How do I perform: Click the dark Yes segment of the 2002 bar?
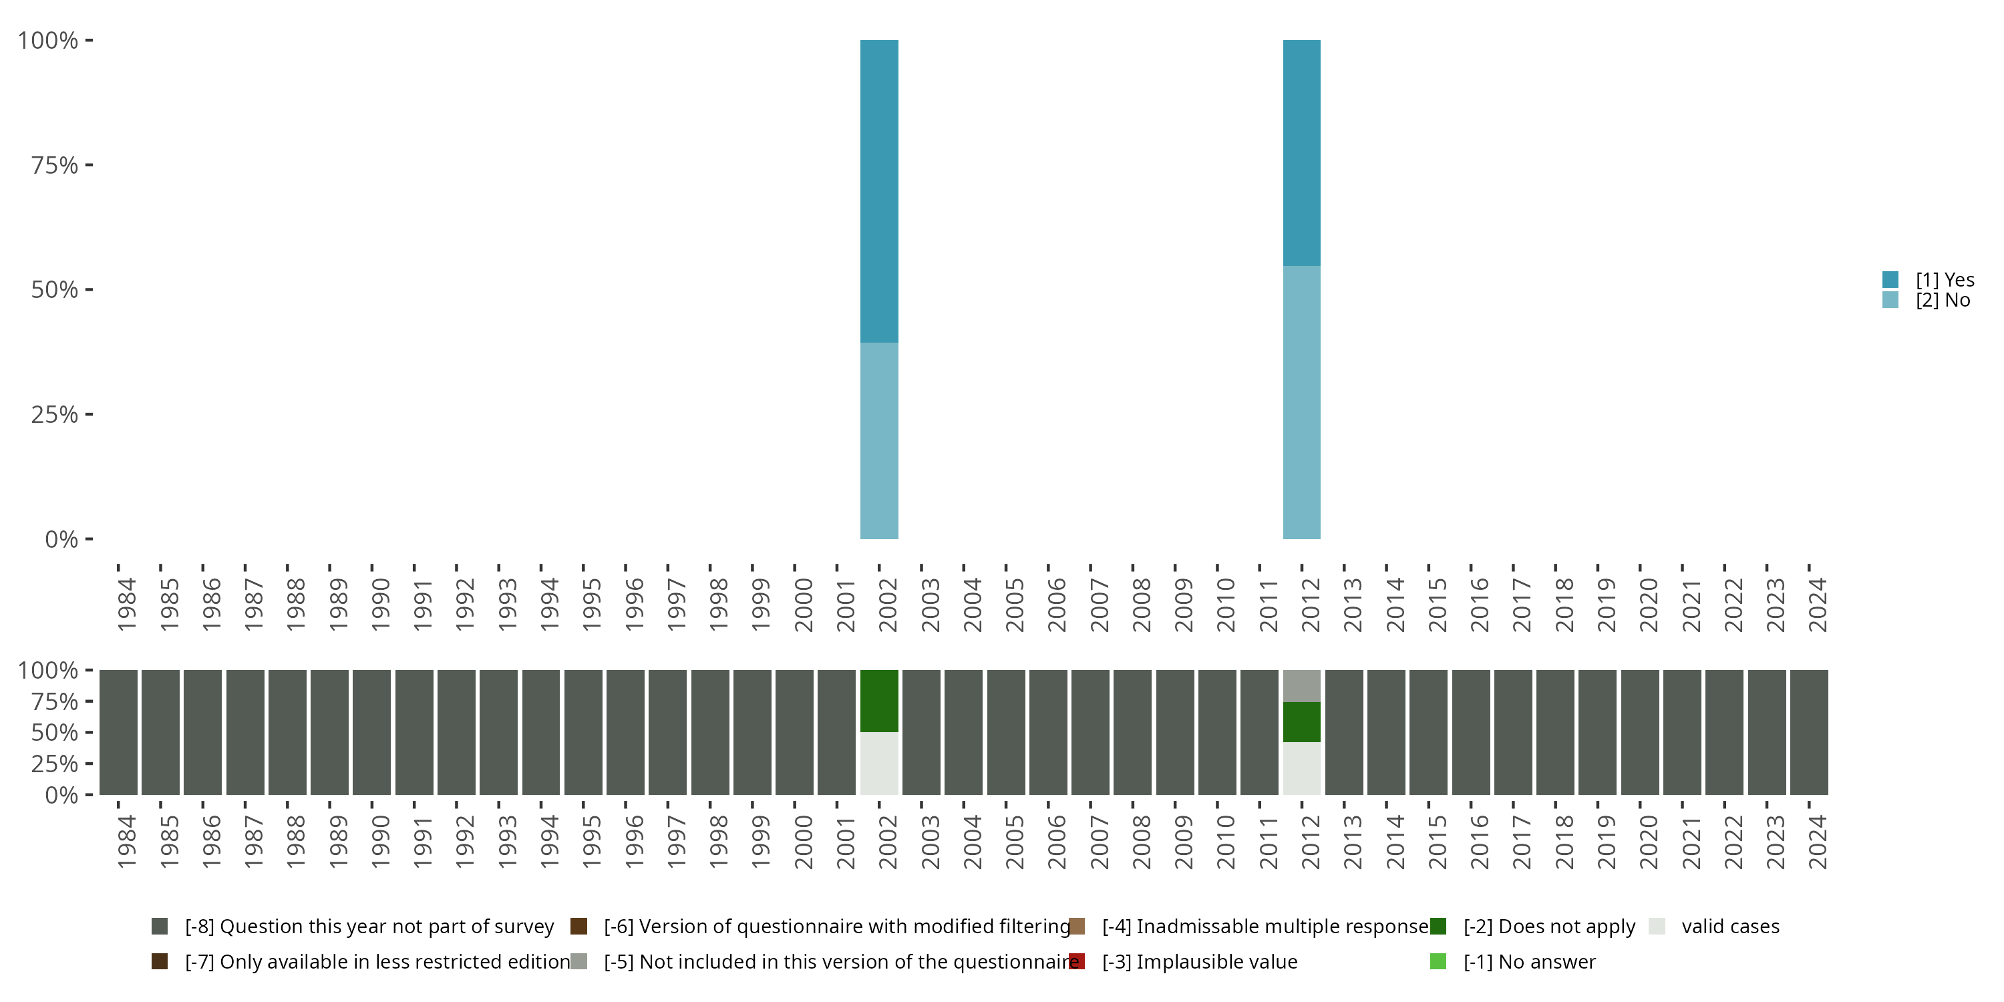pos(879,190)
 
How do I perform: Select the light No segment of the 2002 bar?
pos(879,440)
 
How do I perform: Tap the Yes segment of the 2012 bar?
pos(1301,152)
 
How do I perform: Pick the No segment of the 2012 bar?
pos(1301,402)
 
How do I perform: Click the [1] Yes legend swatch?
pos(1890,279)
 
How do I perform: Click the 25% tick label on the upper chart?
pos(55,415)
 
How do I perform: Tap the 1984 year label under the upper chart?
pos(127,604)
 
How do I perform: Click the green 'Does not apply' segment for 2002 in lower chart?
pos(879,700)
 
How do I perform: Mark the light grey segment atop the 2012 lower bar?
pos(1301,685)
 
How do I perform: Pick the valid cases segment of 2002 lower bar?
pos(879,763)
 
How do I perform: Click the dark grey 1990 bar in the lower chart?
pos(372,732)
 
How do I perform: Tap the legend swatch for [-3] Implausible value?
pos(1077,961)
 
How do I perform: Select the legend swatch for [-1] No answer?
pos(1438,961)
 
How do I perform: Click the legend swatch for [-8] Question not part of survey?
pos(160,926)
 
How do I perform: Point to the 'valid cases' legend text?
pos(1730,926)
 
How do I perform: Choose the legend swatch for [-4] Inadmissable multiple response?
pos(1077,926)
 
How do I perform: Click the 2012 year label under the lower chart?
pos(1310,841)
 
